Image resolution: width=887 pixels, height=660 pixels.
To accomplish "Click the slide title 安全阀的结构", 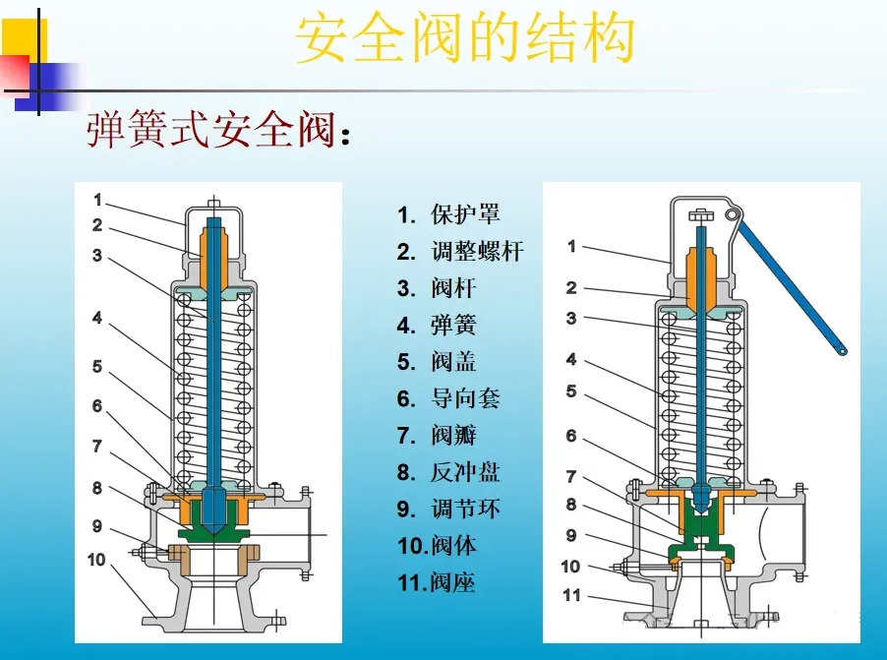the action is point(464,39).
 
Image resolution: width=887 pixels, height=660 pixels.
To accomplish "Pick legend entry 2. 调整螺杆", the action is point(460,252).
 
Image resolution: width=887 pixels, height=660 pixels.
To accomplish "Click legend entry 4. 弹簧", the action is point(437,326).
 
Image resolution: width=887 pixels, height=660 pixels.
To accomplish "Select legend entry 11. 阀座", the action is point(438,582).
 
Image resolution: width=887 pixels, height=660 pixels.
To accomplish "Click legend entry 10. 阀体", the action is point(438,546).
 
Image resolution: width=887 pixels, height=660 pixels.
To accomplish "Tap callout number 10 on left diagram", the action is point(96,560).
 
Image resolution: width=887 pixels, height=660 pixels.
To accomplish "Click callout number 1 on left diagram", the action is point(97,200).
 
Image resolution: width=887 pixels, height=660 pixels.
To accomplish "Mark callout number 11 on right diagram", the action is point(571,595).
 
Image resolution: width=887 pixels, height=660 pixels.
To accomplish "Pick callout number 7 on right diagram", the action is point(571,476).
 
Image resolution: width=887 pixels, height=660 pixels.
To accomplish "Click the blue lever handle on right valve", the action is point(793,285).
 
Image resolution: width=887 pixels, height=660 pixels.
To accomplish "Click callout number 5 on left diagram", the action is point(97,367).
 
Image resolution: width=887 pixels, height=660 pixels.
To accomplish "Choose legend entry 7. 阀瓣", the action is point(437,436).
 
